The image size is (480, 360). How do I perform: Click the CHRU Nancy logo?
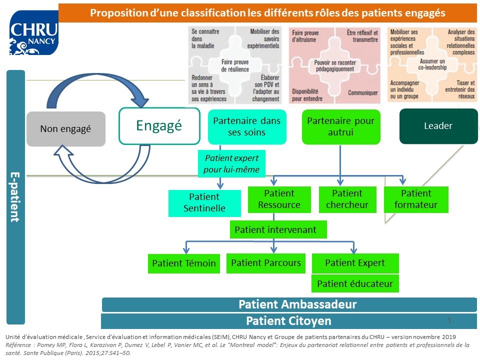(x=34, y=32)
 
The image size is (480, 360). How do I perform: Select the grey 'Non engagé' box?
(x=65, y=129)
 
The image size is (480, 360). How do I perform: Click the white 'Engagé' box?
(x=159, y=126)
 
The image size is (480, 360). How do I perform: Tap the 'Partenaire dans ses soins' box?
(x=247, y=126)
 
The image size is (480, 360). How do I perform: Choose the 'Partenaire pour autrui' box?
(x=340, y=126)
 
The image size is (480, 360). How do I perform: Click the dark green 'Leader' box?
(x=438, y=126)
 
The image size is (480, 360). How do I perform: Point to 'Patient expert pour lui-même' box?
(x=231, y=163)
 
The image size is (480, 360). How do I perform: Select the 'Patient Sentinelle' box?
(x=204, y=203)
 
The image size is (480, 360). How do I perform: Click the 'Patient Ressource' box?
(x=279, y=199)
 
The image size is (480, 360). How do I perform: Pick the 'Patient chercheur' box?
(x=347, y=199)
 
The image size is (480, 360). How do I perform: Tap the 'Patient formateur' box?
(x=416, y=199)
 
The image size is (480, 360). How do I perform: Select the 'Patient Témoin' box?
(x=184, y=263)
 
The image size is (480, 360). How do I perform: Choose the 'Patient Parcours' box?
(x=266, y=263)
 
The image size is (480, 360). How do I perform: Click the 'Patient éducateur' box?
(x=355, y=284)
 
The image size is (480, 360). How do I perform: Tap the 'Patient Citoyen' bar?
(x=288, y=321)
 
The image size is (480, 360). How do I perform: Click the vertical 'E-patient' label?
(x=15, y=197)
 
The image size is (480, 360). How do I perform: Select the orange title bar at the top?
(x=267, y=12)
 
